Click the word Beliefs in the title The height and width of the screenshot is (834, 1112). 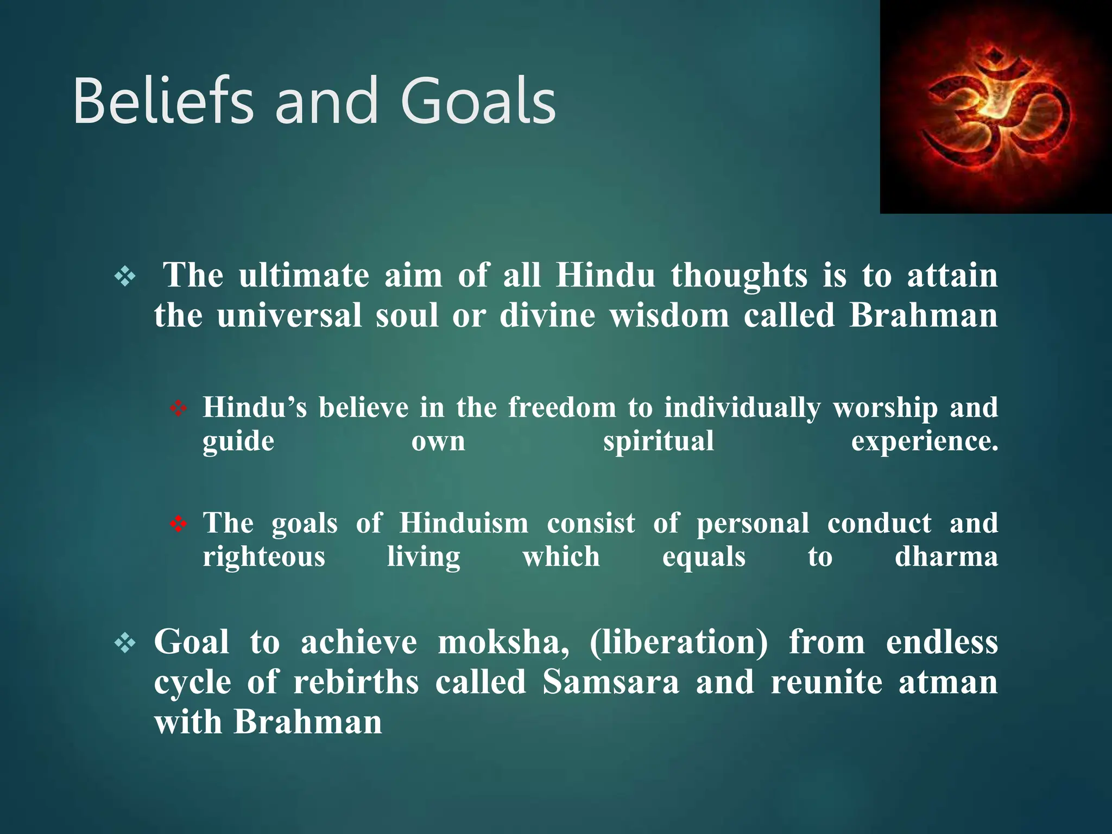[163, 102]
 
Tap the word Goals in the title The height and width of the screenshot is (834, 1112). [478, 102]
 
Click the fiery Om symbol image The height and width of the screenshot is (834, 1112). [995, 107]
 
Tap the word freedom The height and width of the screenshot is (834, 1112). [562, 407]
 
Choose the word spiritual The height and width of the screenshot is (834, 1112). [658, 441]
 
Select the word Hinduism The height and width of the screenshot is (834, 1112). [464, 523]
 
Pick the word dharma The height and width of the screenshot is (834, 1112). [946, 557]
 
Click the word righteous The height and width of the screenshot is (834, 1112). [264, 557]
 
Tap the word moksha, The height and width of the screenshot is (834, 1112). [503, 642]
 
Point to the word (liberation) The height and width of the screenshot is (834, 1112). [679, 642]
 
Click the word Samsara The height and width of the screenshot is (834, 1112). [611, 682]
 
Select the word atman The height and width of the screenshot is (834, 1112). [948, 682]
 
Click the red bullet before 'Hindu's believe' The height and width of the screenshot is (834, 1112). [178, 408]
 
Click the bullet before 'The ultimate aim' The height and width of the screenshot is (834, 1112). [125, 277]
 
